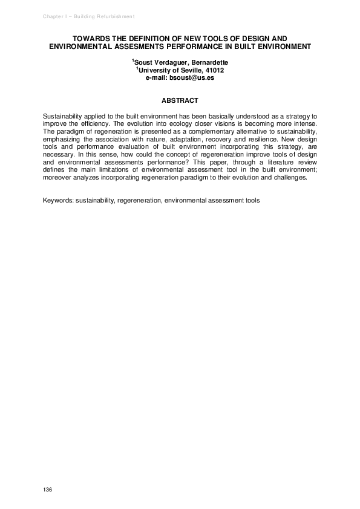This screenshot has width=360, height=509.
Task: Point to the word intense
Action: point(304,122)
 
